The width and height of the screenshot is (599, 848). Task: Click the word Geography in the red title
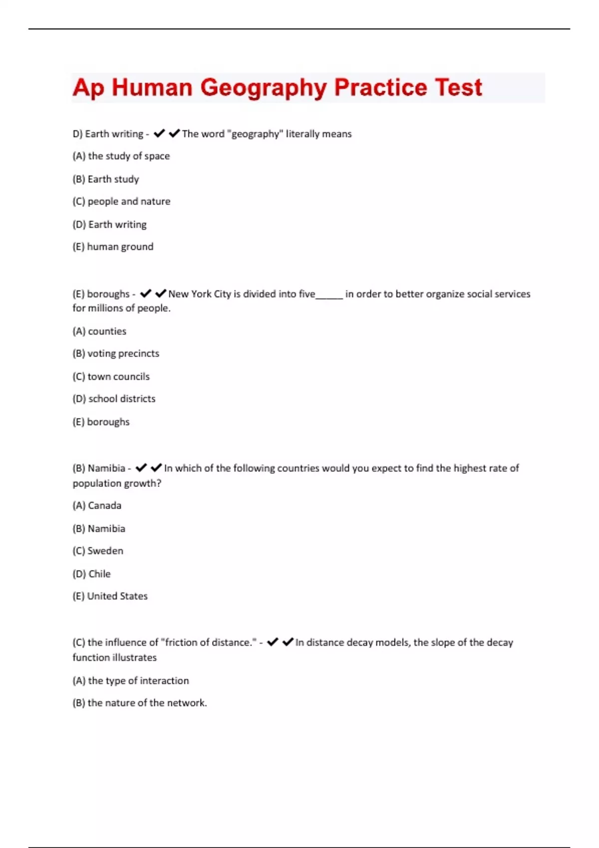(263, 88)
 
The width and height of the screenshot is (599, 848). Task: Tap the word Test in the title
(458, 88)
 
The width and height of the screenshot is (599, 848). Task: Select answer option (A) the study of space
(121, 156)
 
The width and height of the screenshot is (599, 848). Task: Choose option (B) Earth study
(106, 179)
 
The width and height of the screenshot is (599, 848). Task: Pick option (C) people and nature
(121, 202)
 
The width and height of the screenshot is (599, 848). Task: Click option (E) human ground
(113, 247)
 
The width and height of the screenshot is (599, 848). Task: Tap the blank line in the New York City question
(329, 295)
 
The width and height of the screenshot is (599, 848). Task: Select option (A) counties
(99, 331)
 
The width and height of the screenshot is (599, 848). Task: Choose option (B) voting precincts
(116, 354)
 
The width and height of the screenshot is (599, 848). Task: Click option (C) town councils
(111, 377)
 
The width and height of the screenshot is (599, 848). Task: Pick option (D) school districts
(114, 399)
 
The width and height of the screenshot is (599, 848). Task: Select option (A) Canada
(97, 506)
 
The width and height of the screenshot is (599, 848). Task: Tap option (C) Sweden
(98, 551)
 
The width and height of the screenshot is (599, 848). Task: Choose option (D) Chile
(91, 574)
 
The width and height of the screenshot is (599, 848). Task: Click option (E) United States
(110, 597)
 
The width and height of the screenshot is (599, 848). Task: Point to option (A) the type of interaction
(131, 681)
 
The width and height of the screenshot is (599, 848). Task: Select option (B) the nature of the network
(140, 703)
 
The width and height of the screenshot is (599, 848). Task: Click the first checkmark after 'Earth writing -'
(159, 134)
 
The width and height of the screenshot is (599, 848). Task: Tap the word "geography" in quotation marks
(255, 134)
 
